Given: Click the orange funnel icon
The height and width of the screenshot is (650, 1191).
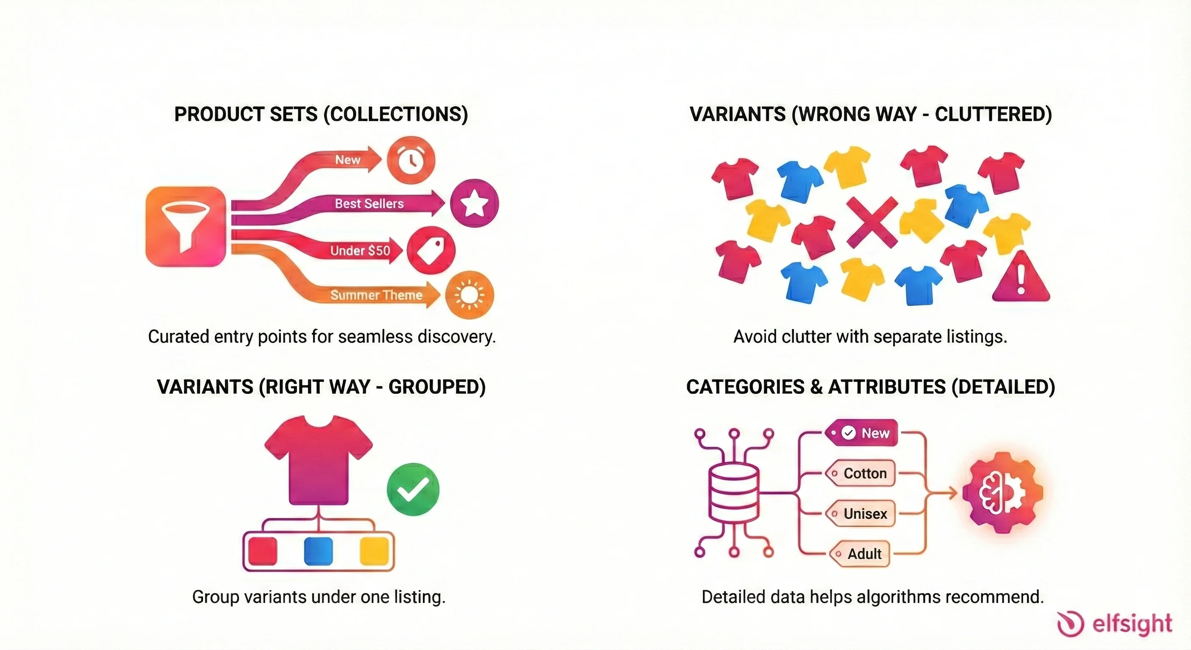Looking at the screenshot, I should [x=186, y=226].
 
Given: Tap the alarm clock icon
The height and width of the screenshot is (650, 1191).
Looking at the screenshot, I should [x=411, y=160].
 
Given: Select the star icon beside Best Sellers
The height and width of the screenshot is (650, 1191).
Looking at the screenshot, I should [x=475, y=203].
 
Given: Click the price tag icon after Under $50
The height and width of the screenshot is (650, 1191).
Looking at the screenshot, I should [x=431, y=250].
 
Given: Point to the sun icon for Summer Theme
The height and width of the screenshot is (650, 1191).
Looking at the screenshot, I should [x=469, y=295].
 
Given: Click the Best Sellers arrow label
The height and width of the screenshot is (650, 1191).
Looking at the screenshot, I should [x=369, y=204].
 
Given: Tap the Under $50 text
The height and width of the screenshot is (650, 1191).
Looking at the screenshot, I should [x=360, y=251].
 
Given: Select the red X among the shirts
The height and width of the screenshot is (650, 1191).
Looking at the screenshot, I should [x=872, y=222].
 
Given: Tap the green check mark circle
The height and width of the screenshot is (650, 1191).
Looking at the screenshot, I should [x=413, y=489].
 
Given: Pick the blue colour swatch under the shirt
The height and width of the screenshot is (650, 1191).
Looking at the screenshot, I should [x=318, y=551].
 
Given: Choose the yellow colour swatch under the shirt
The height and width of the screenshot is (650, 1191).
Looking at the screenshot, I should [x=374, y=551].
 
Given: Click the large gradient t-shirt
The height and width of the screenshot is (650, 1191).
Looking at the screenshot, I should [x=318, y=458].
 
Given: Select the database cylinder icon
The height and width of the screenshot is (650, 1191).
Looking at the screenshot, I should [x=734, y=493].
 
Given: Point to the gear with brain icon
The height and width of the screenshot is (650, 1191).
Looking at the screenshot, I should [x=1002, y=493].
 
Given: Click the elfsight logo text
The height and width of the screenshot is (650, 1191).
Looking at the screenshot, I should [x=1132, y=624].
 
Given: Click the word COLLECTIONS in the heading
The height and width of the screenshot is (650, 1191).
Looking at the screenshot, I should [x=396, y=114].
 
